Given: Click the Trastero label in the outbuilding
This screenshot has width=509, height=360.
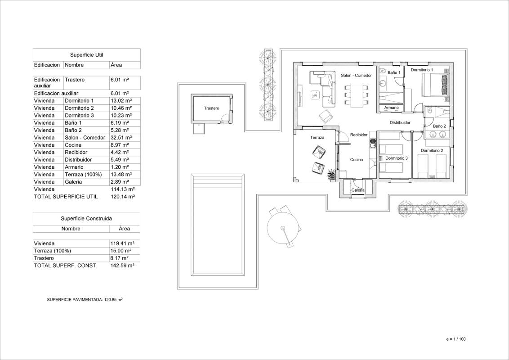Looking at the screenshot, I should pos(211,108).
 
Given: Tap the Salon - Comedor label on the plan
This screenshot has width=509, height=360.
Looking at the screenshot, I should pos(356,75).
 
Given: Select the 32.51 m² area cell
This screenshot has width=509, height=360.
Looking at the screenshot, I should pos(121,138).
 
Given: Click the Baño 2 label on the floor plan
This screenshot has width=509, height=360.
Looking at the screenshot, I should pos(439,126).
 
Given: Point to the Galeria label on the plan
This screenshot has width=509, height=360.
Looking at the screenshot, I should pos(358,190).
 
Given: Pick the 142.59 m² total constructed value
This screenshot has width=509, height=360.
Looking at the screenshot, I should pos(122,265).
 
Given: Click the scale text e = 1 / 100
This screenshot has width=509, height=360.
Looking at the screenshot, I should pos(456,339).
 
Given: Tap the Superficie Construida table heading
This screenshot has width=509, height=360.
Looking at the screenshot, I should pos(86,218).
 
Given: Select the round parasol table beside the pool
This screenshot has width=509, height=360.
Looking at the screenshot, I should pos(283,228).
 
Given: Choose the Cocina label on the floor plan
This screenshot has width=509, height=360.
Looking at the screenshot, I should pos(357,160).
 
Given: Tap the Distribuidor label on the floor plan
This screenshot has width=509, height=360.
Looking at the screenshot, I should pos(400,122).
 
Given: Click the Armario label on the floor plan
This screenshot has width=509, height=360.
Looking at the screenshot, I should pos(391,108).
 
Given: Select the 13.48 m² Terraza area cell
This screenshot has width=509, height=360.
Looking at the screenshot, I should pos(121,175).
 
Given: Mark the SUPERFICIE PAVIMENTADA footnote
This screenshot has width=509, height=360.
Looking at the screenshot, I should pos(85,299).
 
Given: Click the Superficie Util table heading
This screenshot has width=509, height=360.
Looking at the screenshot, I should pos(86,55).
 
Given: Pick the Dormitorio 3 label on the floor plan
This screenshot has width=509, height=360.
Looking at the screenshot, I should pos(396,158).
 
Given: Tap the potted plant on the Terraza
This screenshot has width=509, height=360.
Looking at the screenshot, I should pos(332,175).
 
